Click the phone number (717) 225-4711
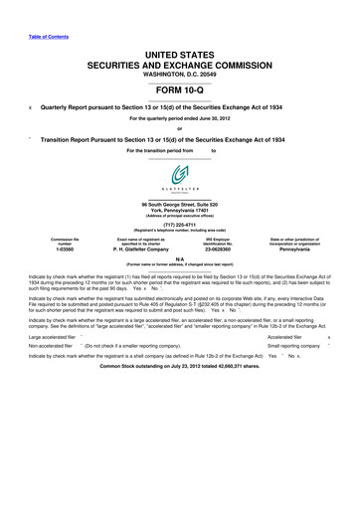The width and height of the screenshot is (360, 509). (179, 225)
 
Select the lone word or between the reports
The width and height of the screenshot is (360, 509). (179, 126)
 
